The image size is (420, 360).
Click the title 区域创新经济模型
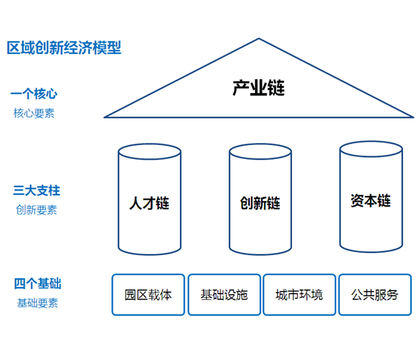click(x=64, y=48)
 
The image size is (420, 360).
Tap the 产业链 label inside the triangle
click(x=259, y=88)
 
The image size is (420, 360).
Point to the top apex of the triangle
click(x=259, y=39)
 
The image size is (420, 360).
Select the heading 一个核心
click(x=34, y=93)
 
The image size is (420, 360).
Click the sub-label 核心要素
click(x=34, y=113)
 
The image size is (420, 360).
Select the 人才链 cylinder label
click(x=150, y=204)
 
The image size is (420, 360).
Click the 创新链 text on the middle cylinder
click(x=260, y=204)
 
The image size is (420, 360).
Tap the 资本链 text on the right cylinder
click(x=371, y=201)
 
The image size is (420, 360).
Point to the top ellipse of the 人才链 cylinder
click(x=150, y=151)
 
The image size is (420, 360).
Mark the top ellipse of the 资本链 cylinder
click(x=371, y=148)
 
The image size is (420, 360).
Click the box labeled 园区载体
click(x=148, y=295)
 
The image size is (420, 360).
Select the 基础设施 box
click(x=224, y=295)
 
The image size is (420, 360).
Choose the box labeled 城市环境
click(x=300, y=295)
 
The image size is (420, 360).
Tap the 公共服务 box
click(x=375, y=295)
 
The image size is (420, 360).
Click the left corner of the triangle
click(x=105, y=116)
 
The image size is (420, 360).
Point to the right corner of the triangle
click(x=414, y=116)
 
